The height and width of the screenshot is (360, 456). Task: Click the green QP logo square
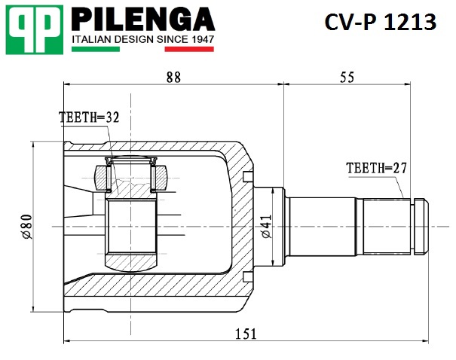click(35, 29)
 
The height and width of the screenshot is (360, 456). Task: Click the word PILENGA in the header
click(143, 19)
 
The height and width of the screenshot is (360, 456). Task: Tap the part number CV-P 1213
click(381, 22)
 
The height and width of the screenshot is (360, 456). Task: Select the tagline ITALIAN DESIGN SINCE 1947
click(142, 39)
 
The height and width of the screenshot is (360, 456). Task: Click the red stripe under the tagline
click(189, 49)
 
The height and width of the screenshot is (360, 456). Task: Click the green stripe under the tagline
click(96, 49)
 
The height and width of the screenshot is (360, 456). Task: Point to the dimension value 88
click(173, 78)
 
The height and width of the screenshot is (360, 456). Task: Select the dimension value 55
click(347, 78)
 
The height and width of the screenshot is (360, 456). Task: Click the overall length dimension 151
click(246, 334)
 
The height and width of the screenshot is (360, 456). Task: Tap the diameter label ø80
click(26, 227)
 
